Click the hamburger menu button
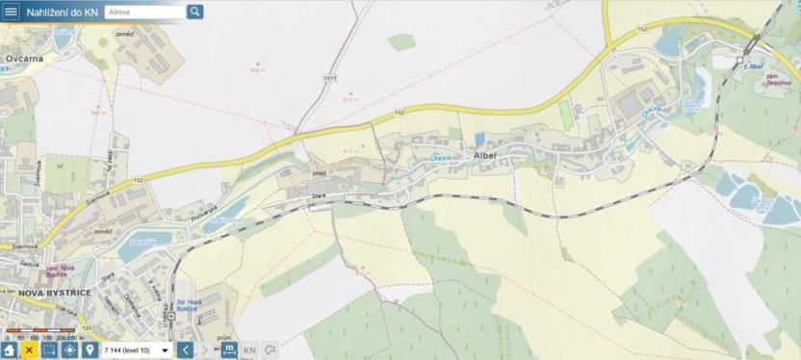(x=11, y=12)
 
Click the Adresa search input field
(x=143, y=12)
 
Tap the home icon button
(x=10, y=350)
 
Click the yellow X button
(x=29, y=350)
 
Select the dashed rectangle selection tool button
(x=49, y=350)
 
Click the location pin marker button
(x=90, y=350)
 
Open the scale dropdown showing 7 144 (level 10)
(x=136, y=350)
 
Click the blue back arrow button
(x=186, y=350)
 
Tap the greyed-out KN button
(x=249, y=350)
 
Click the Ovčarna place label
(x=24, y=58)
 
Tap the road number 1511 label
(x=330, y=78)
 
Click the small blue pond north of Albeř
(x=479, y=140)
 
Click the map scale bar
(x=39, y=333)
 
